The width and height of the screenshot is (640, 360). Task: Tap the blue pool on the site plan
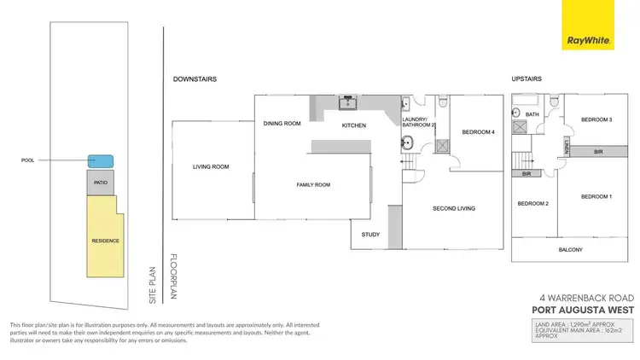click(101, 161)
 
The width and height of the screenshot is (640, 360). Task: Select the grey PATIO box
click(100, 182)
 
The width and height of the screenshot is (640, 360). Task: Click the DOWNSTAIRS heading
click(195, 78)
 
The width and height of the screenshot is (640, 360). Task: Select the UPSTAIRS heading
click(527, 78)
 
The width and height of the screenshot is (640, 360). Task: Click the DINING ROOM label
click(282, 124)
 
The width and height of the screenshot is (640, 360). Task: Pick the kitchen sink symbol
click(348, 104)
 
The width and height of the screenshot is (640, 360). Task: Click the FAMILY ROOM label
click(313, 184)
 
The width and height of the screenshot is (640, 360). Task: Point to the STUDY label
click(369, 234)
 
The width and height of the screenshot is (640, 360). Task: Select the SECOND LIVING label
click(454, 208)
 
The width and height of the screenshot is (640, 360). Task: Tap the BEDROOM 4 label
click(478, 132)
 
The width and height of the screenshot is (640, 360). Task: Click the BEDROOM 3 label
click(597, 119)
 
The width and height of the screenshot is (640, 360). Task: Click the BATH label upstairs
click(532, 113)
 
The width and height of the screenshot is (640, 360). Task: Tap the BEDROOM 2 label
click(532, 205)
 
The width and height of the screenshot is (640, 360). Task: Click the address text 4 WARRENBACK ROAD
click(583, 299)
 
